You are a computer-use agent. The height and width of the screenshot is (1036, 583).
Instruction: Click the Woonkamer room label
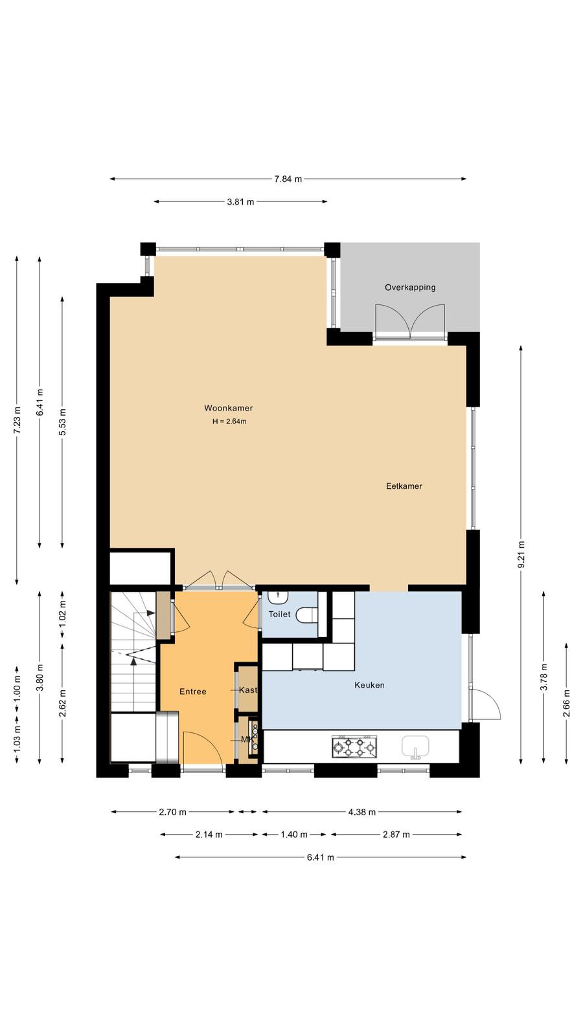coord(229,408)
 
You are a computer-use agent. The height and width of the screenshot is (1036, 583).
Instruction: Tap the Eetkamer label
coord(404,486)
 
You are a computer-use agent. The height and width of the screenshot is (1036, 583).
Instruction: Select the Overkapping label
coord(410,287)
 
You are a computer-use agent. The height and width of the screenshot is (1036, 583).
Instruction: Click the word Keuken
coord(369,685)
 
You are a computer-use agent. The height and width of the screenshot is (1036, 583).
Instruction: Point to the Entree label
coord(193,692)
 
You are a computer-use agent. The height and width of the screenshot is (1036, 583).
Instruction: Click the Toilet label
coord(279,614)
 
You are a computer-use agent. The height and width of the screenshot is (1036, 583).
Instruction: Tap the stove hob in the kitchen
coord(354,747)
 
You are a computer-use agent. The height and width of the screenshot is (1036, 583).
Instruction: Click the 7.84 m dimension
coord(288,179)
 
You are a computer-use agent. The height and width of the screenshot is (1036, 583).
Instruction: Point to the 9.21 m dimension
coord(521,554)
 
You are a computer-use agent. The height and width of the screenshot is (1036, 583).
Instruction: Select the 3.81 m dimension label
coord(240,201)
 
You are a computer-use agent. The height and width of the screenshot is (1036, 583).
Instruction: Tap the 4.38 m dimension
coord(362,812)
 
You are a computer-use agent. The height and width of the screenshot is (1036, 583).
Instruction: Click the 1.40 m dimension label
coord(294,835)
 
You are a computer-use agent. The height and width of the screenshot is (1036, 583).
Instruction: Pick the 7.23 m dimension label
coord(17,420)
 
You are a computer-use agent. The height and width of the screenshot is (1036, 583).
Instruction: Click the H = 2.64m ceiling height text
coord(229,422)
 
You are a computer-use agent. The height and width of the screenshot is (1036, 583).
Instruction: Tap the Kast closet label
coord(247,690)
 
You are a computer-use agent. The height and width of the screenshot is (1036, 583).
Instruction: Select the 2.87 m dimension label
coord(396,835)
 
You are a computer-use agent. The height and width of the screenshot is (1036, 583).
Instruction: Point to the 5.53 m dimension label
coord(63,422)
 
